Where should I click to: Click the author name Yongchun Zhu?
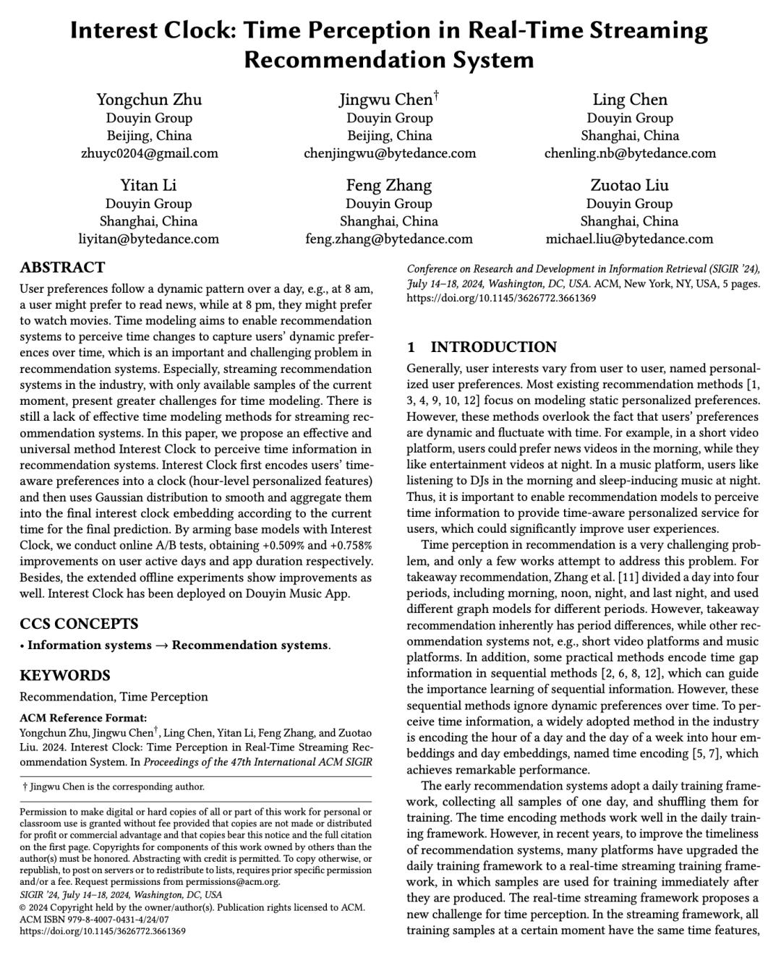[x=149, y=100]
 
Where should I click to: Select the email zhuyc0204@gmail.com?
[x=149, y=153]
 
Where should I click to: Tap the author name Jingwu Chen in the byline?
[x=386, y=100]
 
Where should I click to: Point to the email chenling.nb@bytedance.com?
[x=630, y=153]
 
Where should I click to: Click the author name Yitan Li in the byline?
[x=148, y=185]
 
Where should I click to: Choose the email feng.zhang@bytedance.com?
[x=389, y=239]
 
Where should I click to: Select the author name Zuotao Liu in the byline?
[x=629, y=185]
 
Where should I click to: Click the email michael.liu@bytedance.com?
[x=629, y=239]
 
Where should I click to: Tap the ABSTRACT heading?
[x=62, y=267]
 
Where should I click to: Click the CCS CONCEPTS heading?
[x=79, y=624]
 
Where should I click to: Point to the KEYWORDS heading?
[x=65, y=676]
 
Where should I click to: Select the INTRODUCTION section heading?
[x=494, y=347]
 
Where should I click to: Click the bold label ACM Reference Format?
[x=83, y=719]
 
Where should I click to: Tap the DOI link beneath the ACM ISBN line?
[x=103, y=931]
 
